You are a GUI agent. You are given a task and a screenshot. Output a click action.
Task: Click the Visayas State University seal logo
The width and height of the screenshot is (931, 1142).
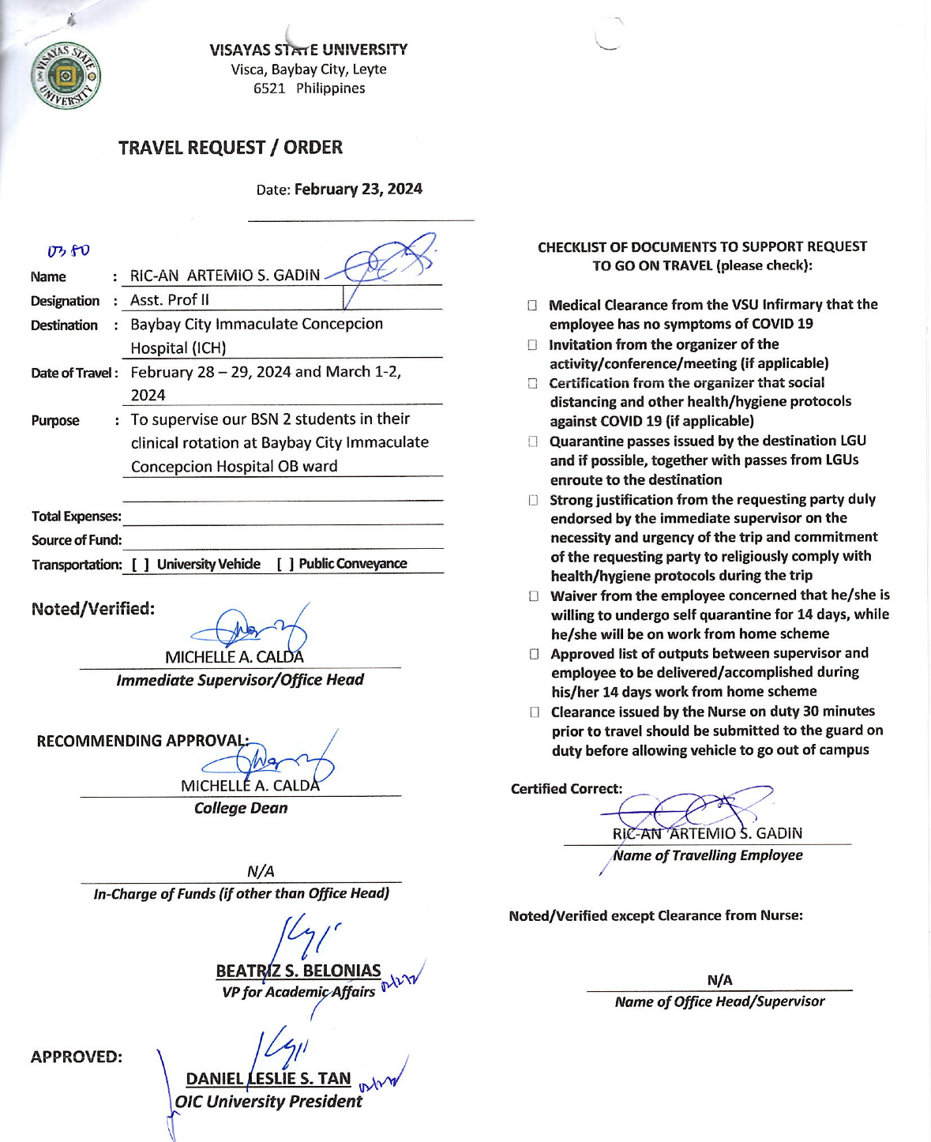(x=66, y=76)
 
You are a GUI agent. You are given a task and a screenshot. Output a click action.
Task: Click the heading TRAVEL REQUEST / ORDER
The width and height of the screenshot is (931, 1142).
(x=230, y=148)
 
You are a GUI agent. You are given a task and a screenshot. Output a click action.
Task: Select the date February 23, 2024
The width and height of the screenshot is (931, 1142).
(x=358, y=190)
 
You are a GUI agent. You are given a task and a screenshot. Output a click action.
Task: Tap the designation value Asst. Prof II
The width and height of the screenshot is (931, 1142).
(x=170, y=300)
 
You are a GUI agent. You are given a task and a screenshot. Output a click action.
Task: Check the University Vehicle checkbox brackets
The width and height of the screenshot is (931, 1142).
(x=141, y=564)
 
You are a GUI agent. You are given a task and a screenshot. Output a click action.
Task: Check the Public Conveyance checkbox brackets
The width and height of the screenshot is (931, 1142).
(x=286, y=564)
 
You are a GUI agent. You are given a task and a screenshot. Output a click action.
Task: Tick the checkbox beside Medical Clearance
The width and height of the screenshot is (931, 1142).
(x=532, y=306)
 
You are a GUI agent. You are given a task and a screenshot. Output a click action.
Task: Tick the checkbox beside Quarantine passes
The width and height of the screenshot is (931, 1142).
(x=533, y=441)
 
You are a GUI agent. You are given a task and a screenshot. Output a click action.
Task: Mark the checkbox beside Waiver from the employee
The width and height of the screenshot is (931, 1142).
(x=534, y=596)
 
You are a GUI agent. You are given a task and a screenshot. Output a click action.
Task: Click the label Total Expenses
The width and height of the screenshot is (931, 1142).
(x=76, y=517)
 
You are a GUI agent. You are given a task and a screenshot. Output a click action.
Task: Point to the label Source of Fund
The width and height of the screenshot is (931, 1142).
(x=77, y=540)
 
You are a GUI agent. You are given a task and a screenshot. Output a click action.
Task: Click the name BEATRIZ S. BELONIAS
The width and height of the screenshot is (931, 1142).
(x=298, y=971)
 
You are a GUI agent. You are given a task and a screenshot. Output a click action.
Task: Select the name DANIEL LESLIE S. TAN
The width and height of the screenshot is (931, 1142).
(x=268, y=1079)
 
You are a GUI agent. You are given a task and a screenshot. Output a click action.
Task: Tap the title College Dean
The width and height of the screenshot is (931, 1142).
(x=241, y=808)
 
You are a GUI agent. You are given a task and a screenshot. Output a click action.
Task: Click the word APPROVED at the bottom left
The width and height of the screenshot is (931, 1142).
(x=76, y=1057)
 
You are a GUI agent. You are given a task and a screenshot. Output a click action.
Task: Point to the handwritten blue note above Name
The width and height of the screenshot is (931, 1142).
(x=69, y=251)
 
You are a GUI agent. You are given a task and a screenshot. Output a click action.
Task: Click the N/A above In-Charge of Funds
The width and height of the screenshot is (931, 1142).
(x=261, y=871)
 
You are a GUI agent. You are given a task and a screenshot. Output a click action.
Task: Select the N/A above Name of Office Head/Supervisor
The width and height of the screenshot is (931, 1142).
(x=719, y=980)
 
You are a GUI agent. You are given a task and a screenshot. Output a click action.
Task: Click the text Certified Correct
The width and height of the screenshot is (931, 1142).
(x=566, y=789)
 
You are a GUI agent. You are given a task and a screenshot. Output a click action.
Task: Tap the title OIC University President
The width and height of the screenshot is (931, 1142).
(x=268, y=1102)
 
